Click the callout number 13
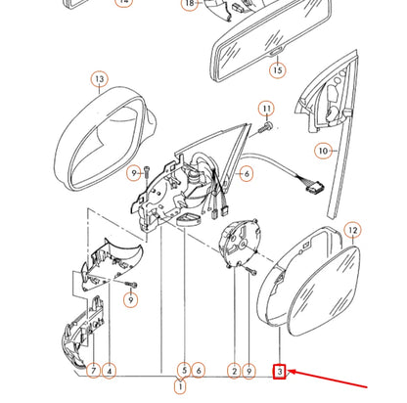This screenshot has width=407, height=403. click(x=100, y=79)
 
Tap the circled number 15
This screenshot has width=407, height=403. click(x=278, y=70)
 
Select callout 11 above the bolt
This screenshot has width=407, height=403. click(x=267, y=109)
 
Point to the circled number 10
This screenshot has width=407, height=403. click(x=323, y=151)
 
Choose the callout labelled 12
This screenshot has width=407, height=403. click(x=353, y=231)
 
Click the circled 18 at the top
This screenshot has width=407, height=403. click(x=190, y=4)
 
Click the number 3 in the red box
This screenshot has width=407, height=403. click(x=280, y=372)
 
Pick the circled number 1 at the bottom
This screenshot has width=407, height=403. click(x=180, y=386)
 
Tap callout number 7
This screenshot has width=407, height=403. click(x=94, y=371)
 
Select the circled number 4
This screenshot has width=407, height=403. click(x=110, y=371)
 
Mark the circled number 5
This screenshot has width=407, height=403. click(x=184, y=370)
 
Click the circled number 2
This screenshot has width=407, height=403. click(x=234, y=371)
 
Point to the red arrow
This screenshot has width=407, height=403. click(x=328, y=379)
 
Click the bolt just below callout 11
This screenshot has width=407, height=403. click(x=265, y=127)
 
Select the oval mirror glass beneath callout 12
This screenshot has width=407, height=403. click(x=325, y=291)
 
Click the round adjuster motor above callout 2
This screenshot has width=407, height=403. click(x=240, y=242)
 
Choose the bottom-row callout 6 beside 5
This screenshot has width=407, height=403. click(x=199, y=371)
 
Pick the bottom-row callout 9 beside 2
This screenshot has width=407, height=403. click(x=249, y=371)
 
